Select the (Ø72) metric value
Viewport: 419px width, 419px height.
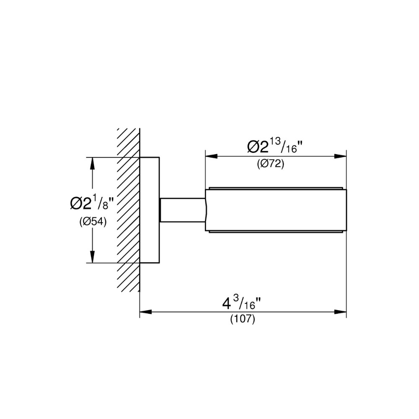[271, 165]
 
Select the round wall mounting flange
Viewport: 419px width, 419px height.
[150, 210]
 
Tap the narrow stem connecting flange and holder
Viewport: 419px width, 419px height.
[182, 209]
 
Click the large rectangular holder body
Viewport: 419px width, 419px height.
[275, 210]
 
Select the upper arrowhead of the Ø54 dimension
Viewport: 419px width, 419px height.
[93, 163]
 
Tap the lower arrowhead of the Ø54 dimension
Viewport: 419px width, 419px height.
[93, 257]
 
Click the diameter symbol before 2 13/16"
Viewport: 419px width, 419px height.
[254, 147]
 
